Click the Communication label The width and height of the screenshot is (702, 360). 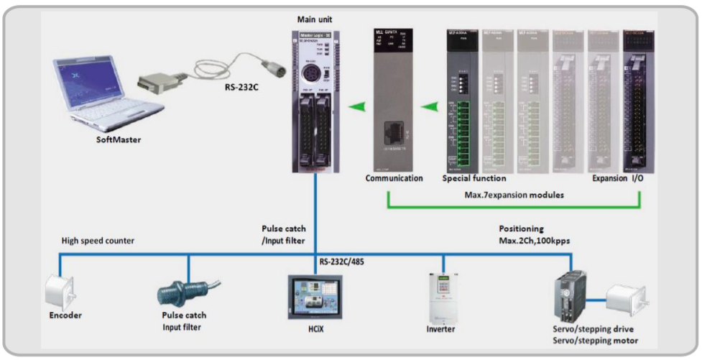click(x=394, y=177)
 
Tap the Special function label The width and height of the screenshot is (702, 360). click(x=474, y=177)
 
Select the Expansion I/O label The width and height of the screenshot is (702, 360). click(x=619, y=177)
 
